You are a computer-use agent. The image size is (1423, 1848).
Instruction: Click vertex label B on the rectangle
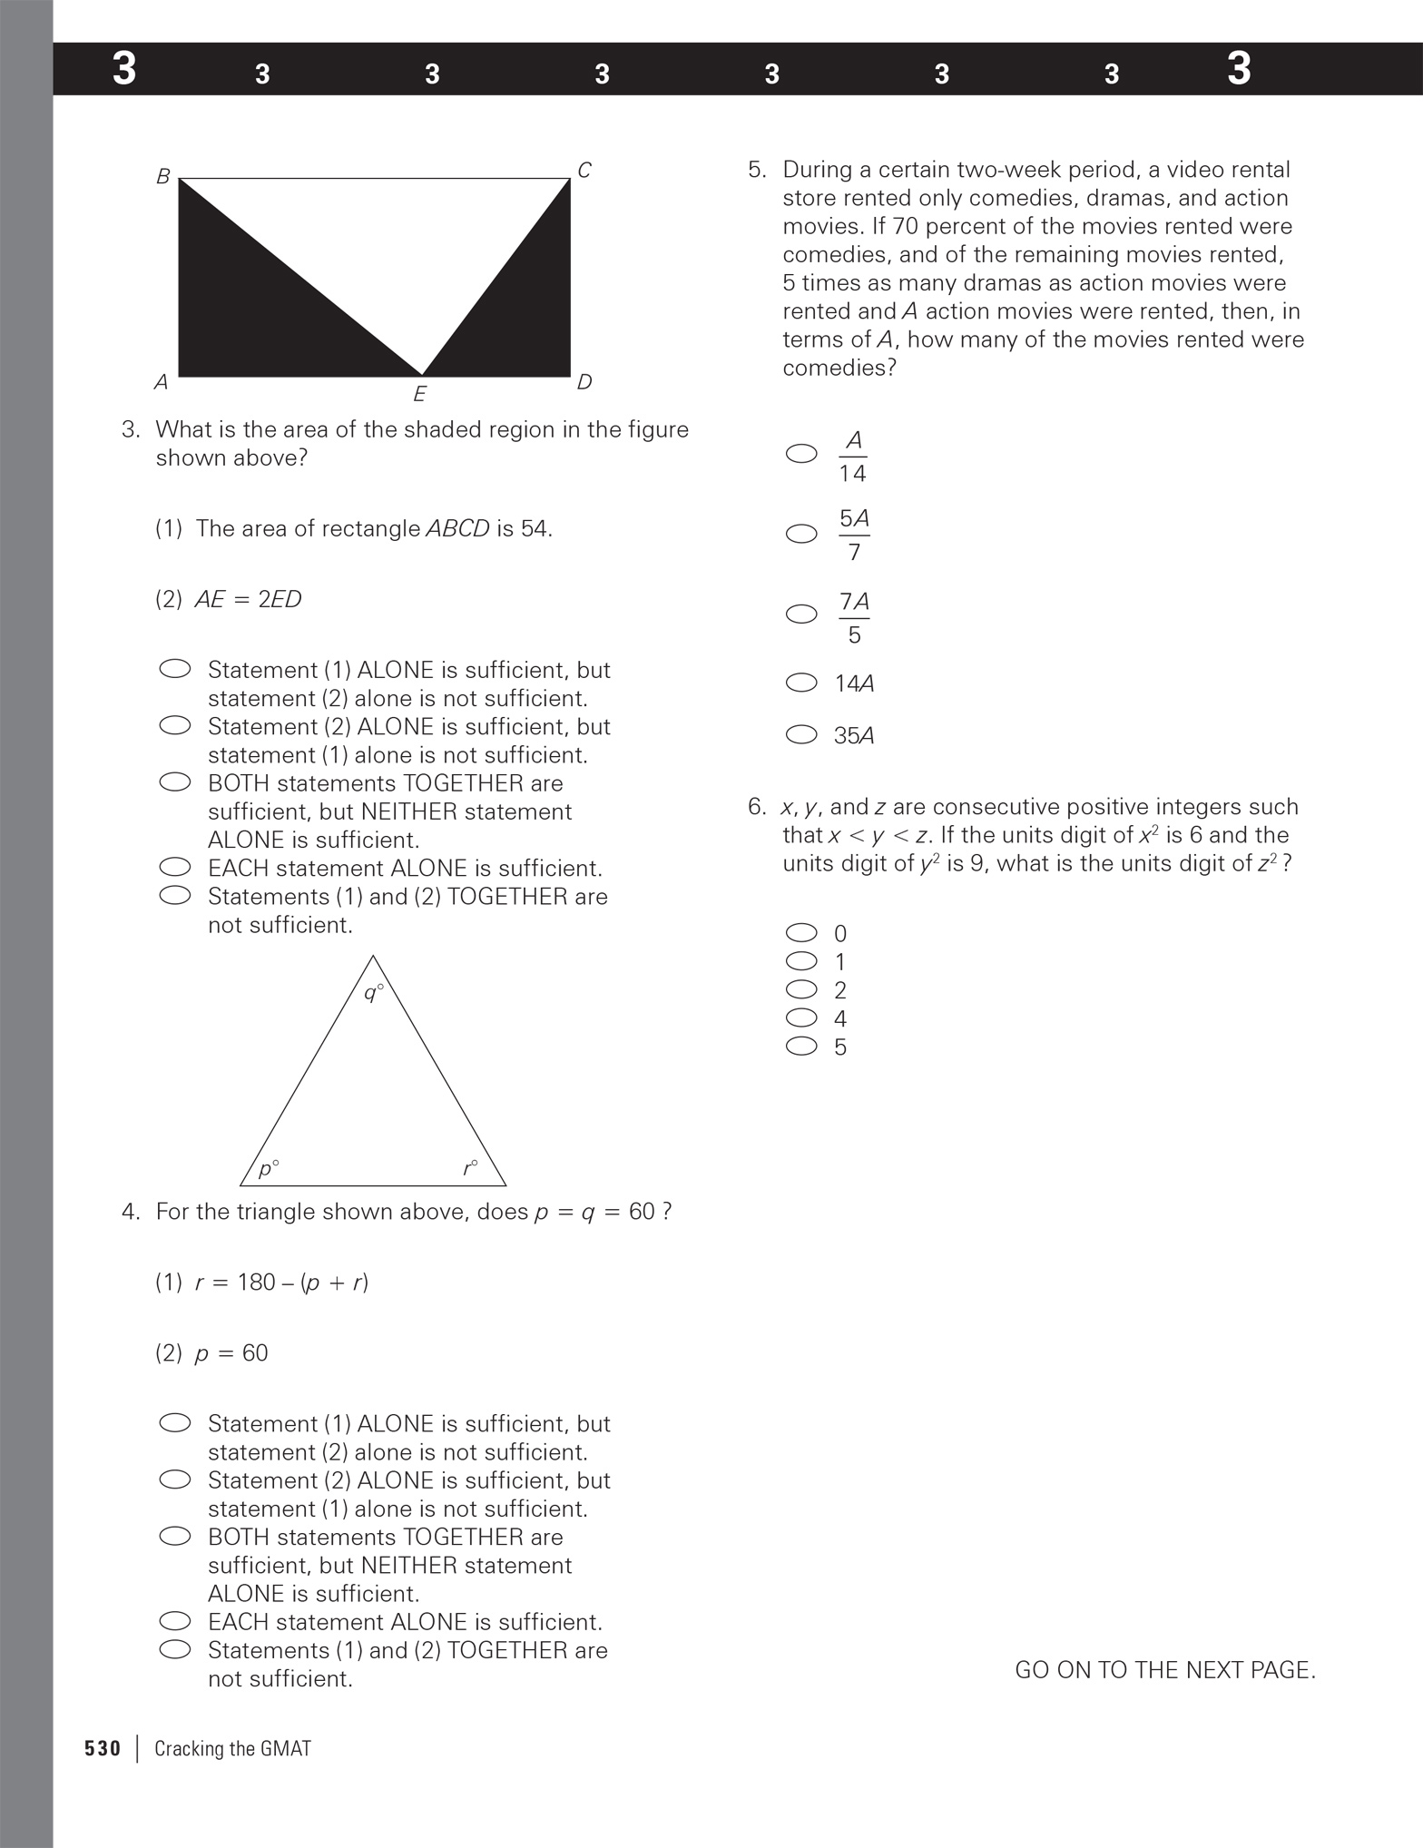163,177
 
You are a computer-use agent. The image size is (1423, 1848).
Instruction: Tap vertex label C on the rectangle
584,171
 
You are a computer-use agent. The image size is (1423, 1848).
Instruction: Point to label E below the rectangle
419,394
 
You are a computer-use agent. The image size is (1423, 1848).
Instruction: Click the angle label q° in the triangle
373,992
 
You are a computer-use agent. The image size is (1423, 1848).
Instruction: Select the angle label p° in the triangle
269,1168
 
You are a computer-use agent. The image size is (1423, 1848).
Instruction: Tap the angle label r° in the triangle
469,1168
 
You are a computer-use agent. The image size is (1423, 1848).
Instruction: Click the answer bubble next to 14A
801,683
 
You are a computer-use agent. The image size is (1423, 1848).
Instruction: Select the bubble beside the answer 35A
801,734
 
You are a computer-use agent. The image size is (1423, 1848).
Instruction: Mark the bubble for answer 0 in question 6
801,932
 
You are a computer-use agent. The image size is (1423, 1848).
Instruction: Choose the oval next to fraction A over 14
801,454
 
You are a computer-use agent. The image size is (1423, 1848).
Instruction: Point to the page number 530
103,1748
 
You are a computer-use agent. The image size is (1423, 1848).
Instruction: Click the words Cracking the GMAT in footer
232,1748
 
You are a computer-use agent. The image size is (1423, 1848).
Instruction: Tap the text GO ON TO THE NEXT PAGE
1164,1670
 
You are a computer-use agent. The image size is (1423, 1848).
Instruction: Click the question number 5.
757,170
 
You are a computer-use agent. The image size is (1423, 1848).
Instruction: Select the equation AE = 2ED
248,599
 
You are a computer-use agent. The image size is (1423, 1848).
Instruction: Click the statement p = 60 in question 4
231,1352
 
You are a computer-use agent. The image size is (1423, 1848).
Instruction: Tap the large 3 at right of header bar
1238,69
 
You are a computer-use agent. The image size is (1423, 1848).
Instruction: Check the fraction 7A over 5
854,617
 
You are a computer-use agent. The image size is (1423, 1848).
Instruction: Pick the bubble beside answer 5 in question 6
801,1046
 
